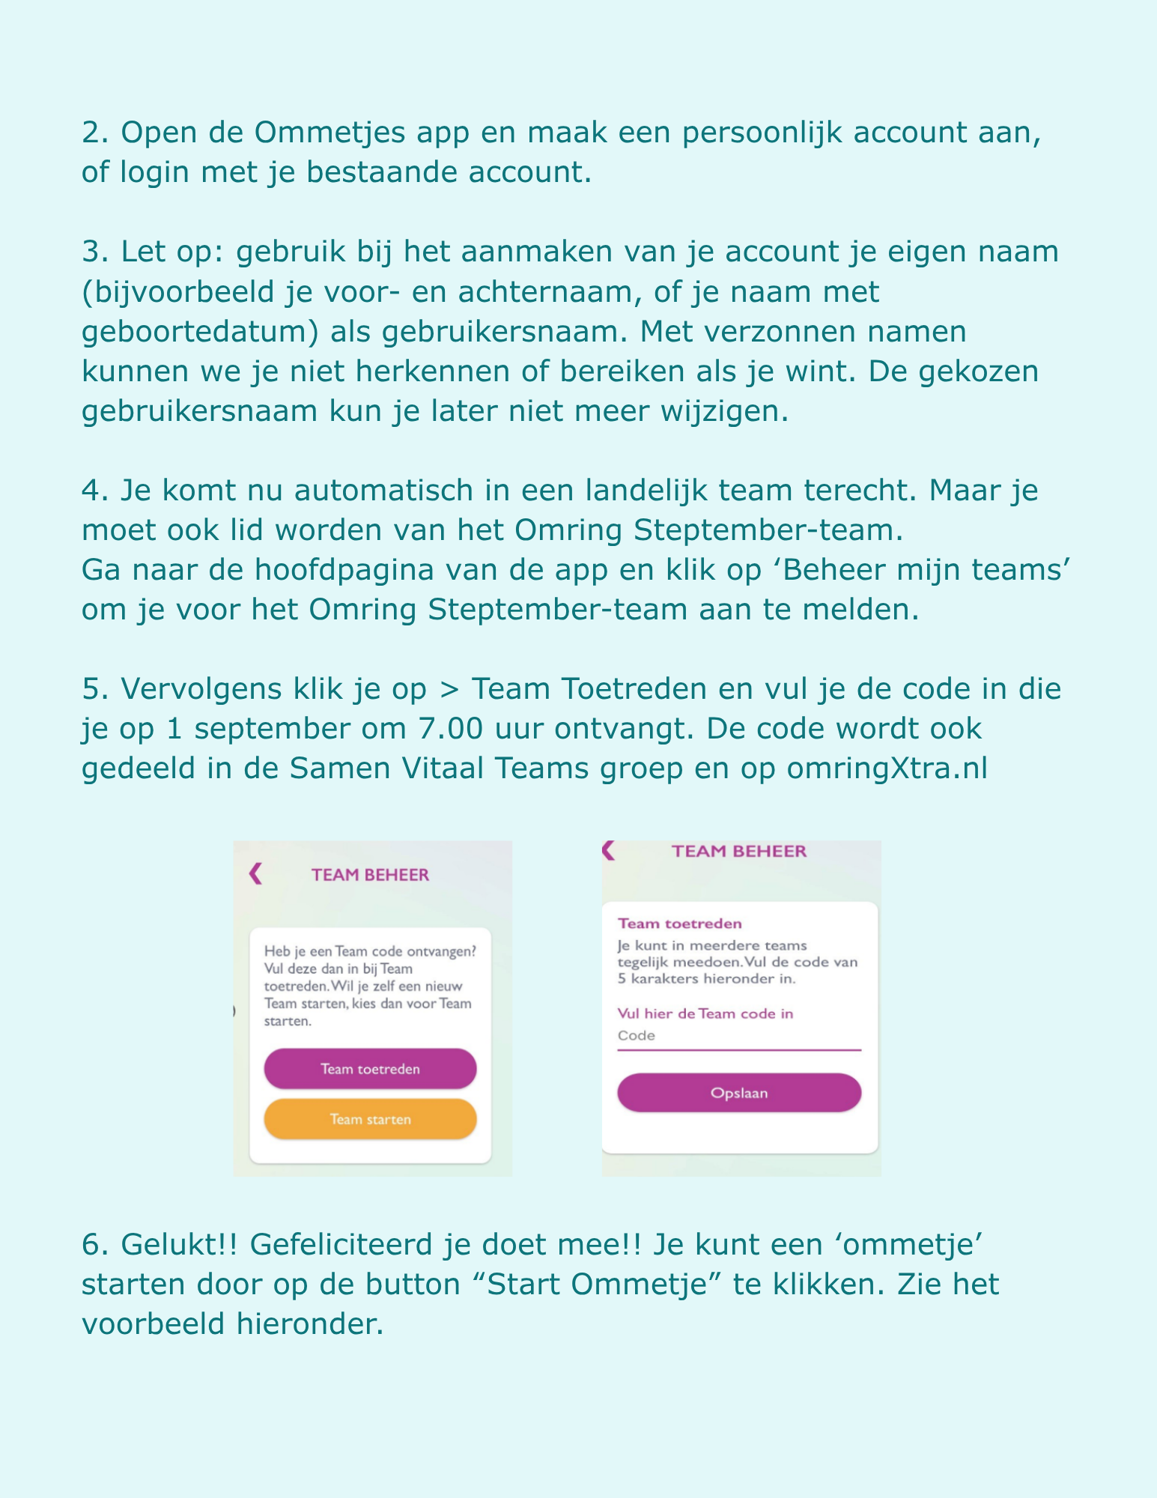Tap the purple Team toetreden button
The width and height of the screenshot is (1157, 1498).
pos(370,1068)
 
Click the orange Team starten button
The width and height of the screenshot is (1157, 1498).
pos(370,1119)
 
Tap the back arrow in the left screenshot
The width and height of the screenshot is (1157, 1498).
pos(256,874)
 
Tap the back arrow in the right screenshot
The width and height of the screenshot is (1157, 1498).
pos(608,850)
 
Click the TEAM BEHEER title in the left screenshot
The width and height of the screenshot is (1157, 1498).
pos(370,875)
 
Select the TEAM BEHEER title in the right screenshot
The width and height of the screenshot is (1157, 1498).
pos(739,851)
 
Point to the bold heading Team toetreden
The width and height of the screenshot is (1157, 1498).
pos(679,924)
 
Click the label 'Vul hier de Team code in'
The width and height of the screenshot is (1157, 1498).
pos(705,1013)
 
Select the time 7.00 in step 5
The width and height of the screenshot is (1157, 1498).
pos(450,729)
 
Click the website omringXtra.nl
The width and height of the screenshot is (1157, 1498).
pos(887,768)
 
